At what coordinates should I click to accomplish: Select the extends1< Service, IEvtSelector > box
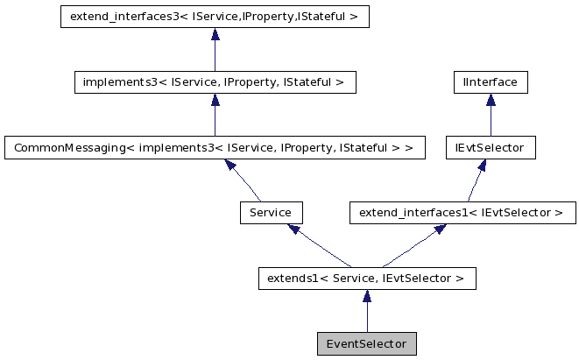366,279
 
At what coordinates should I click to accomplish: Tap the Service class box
271,213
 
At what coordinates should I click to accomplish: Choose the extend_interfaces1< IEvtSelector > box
462,213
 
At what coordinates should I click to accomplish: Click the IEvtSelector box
491,147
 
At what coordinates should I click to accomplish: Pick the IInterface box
491,82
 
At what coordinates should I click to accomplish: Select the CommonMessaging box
215,147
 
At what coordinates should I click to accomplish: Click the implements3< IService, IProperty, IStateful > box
215,82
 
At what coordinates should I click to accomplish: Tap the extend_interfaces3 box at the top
215,17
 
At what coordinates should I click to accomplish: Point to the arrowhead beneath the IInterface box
491,100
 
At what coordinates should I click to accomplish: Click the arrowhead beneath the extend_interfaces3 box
215,34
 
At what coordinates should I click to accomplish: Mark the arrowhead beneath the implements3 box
215,100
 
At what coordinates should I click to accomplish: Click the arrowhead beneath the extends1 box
366,296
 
